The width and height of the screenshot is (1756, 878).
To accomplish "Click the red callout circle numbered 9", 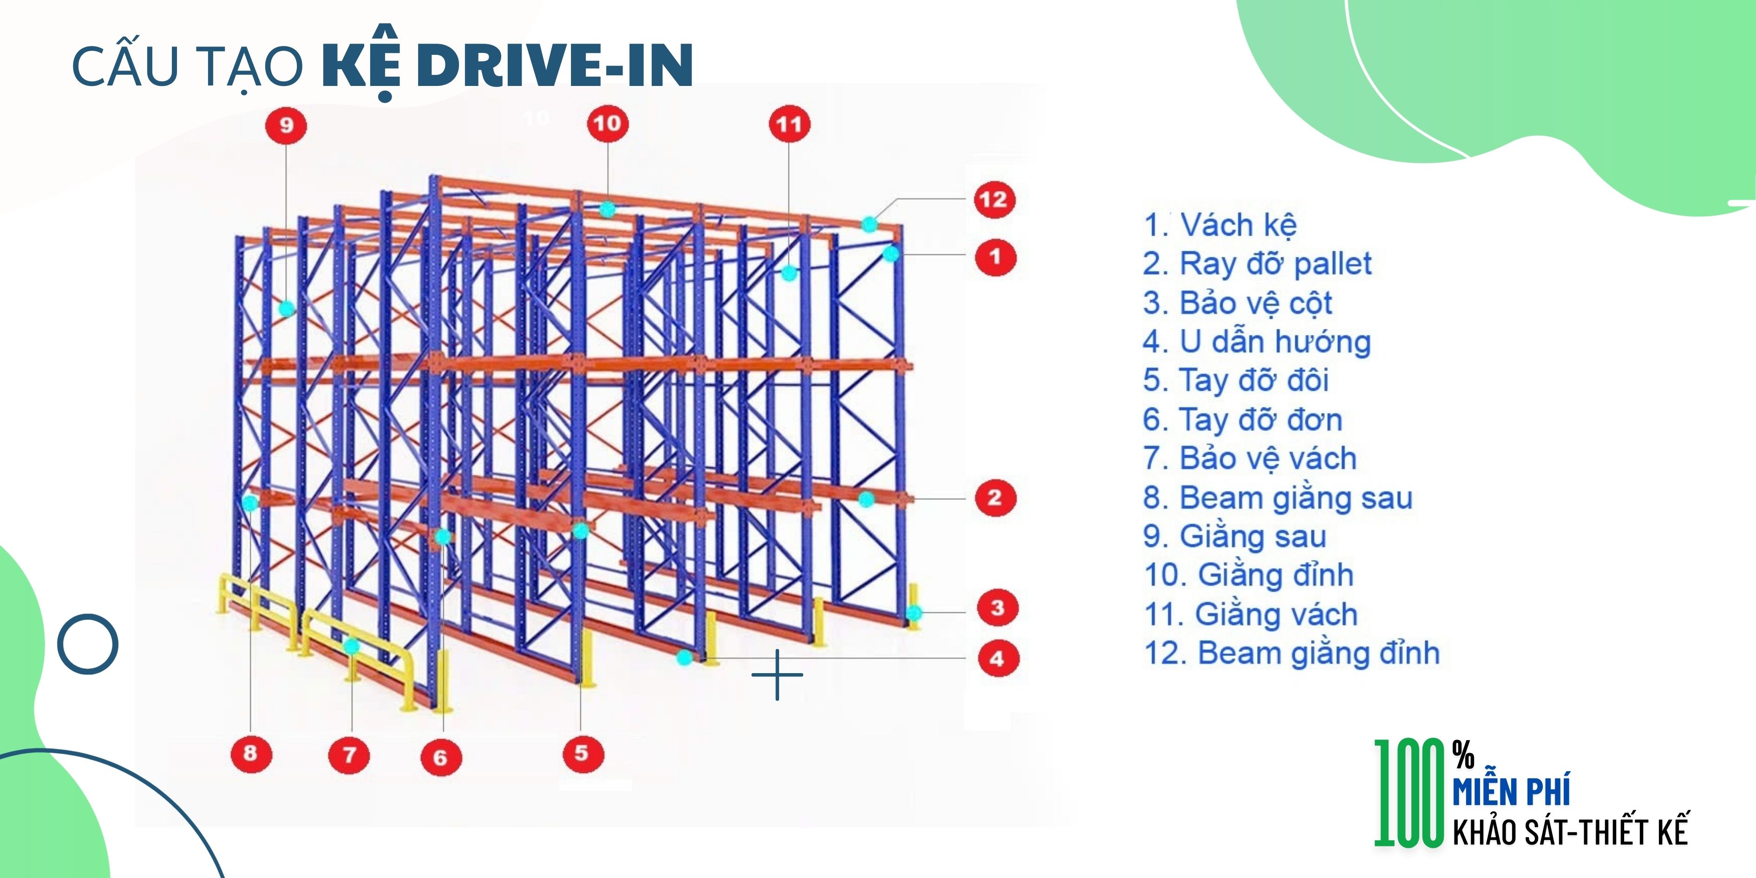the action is tap(286, 125).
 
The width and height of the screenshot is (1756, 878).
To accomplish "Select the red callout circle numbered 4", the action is tap(998, 659).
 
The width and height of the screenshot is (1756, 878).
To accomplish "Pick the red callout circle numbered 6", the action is tap(440, 757).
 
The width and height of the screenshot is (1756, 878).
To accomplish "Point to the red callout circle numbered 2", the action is tap(995, 498).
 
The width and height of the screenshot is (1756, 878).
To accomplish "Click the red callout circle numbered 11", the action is tap(789, 125).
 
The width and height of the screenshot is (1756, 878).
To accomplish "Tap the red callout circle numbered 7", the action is tap(350, 754).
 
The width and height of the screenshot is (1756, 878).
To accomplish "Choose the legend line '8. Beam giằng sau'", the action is tap(1278, 498).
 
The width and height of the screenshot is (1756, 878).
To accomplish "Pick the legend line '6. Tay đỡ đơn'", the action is tap(1243, 419).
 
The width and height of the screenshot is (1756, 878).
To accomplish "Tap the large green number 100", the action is tap(1409, 793).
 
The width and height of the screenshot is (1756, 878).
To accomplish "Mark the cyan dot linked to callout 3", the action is tap(913, 612).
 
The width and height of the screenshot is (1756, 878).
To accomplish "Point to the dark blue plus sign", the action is tap(777, 675).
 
